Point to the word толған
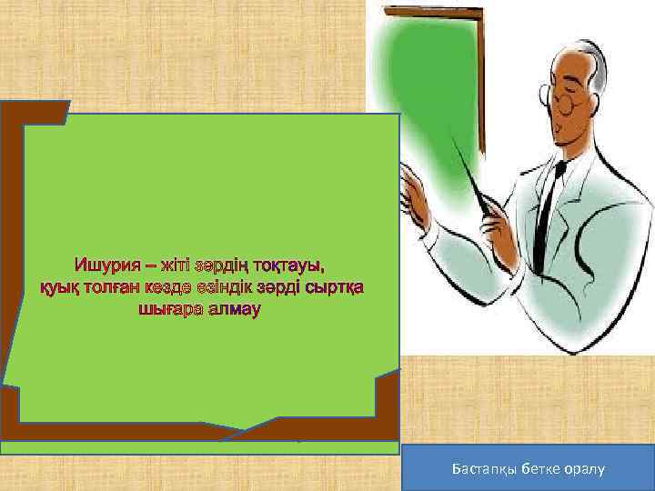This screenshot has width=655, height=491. pyautogui.click(x=118, y=287)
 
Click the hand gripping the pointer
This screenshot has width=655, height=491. pyautogui.click(x=499, y=214)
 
